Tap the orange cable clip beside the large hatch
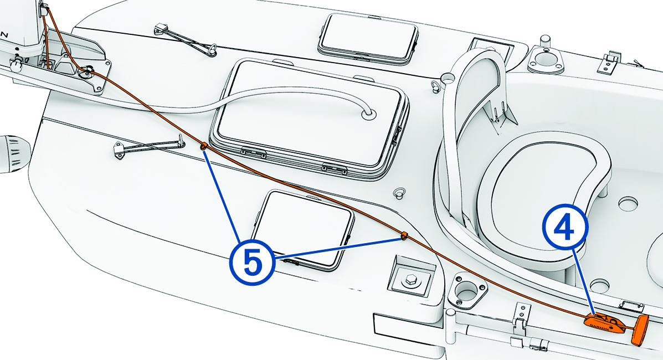point(204,147)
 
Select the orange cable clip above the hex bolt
point(404,236)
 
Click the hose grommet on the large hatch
point(368,114)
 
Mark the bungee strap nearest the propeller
point(150,146)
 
